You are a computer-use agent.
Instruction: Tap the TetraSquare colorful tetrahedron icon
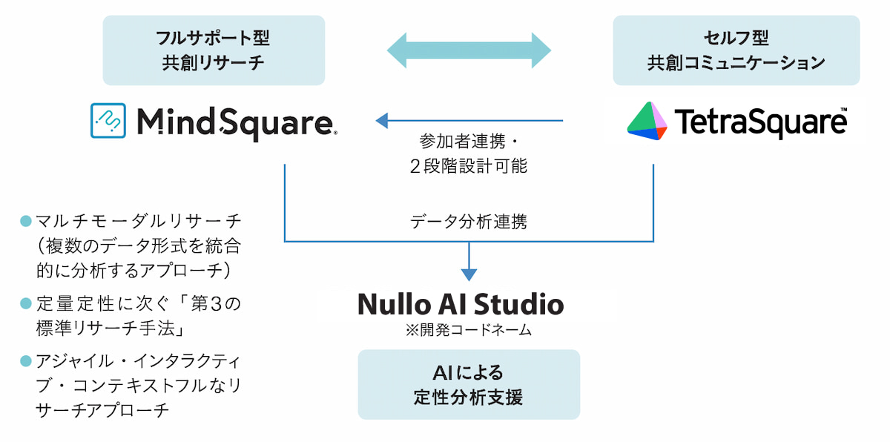(647, 121)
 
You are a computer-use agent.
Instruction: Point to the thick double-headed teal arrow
(469, 50)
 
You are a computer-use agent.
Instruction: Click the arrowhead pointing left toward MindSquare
(384, 120)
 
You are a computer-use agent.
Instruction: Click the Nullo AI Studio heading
(461, 304)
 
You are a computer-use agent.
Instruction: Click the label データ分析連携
(468, 222)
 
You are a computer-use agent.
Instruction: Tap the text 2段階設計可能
(468, 166)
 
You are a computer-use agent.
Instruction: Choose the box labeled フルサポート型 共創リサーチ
(214, 50)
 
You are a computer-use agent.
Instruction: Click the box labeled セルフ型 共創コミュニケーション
(736, 50)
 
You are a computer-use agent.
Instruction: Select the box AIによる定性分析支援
(469, 384)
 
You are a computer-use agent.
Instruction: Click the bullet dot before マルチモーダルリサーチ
(26, 221)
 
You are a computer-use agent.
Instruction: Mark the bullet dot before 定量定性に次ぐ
(26, 303)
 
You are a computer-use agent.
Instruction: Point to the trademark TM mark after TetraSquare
(843, 111)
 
